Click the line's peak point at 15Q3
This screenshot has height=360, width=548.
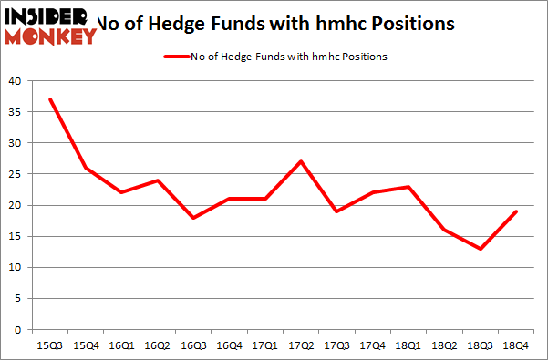click(50, 99)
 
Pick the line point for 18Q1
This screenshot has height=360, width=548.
click(408, 187)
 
